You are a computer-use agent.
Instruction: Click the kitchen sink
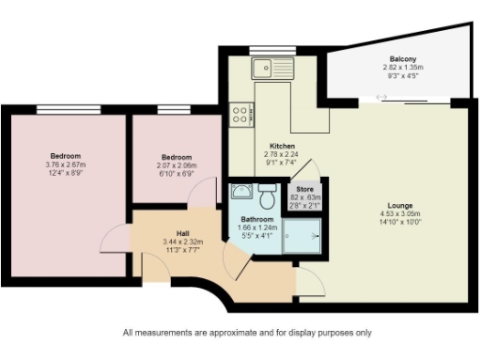click(273, 68)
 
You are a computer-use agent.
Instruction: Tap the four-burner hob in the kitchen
click(240, 116)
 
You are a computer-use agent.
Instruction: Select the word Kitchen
click(283, 147)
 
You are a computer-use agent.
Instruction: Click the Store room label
click(303, 189)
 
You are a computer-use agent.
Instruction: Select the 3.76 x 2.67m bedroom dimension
click(65, 165)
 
